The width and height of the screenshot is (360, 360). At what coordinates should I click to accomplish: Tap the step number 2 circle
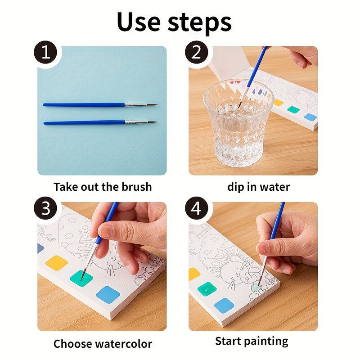pyautogui.click(x=197, y=53)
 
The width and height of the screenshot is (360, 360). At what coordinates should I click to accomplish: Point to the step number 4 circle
pyautogui.click(x=197, y=209)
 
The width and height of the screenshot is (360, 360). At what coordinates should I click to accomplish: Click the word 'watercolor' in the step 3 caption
pyautogui.click(x=124, y=344)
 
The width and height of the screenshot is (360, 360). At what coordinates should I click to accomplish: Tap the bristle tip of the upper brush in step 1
pyautogui.click(x=153, y=105)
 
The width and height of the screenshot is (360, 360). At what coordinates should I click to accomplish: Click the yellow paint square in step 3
pyautogui.click(x=57, y=263)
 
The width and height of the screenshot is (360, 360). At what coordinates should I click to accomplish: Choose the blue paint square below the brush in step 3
pyautogui.click(x=108, y=294)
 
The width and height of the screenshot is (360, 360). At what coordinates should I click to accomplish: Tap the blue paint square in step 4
pyautogui.click(x=224, y=305)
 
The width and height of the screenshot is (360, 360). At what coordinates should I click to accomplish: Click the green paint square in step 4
pyautogui.click(x=207, y=288)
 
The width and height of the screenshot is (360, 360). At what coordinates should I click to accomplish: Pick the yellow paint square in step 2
pyautogui.click(x=279, y=103)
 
